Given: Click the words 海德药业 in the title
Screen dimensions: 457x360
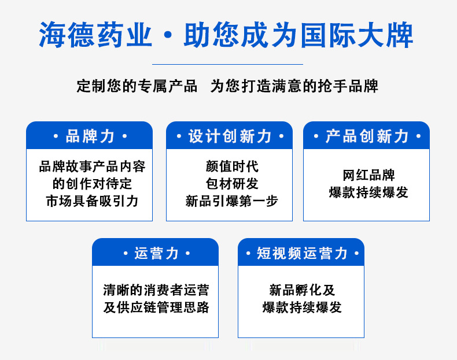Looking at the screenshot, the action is tap(95, 35).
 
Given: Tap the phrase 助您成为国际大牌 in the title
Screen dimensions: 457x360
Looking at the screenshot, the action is tap(298, 35).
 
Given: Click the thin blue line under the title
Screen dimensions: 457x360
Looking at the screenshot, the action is tap(227, 64).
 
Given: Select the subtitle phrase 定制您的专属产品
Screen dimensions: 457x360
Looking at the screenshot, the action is tap(137, 86).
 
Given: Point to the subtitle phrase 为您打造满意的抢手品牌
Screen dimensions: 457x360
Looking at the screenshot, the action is tap(294, 86).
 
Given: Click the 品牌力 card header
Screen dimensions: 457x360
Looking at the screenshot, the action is tap(90, 136).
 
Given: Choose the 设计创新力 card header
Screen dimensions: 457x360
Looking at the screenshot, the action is tap(230, 136).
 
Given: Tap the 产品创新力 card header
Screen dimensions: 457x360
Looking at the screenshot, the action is tap(366, 136).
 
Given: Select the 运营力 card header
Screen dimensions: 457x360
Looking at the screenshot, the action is tap(156, 253).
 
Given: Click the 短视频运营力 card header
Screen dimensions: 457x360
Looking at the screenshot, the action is tap(301, 253).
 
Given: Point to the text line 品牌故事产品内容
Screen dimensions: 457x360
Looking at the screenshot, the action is tap(92, 166).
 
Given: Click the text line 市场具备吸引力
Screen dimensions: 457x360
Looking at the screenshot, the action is tap(92, 201).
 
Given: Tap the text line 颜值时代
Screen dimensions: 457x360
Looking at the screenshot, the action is tap(232, 166).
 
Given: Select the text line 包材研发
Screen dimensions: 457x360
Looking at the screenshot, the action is tap(232, 184).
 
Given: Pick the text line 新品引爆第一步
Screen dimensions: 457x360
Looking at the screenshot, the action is tap(232, 201).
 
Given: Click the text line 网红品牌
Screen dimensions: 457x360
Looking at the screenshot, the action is tap(368, 175).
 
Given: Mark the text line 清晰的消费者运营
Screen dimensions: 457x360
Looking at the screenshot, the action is tap(156, 290).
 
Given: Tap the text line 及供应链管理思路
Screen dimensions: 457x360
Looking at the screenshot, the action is tap(156, 307).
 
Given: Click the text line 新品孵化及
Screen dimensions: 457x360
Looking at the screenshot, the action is tap(302, 290).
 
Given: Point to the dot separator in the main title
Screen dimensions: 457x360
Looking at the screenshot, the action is tap(168, 35).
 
